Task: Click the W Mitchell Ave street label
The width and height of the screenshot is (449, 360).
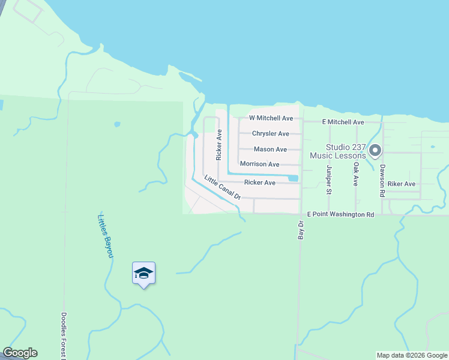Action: coord(271,118)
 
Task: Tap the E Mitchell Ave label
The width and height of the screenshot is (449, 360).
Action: coord(343,122)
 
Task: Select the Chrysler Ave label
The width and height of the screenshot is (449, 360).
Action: coord(271,134)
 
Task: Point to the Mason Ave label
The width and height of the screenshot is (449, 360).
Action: coord(270,149)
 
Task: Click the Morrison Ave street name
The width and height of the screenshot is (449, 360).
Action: coord(259,164)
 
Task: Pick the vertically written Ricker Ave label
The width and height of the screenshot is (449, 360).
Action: coord(219,145)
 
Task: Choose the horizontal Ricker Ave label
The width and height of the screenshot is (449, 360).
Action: coord(259,182)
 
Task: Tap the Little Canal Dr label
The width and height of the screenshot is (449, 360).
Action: coord(222,187)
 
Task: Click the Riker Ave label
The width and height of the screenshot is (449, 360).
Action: coord(402,184)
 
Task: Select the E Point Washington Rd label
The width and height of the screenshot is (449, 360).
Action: coord(340,214)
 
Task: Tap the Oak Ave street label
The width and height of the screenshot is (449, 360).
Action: coord(355,173)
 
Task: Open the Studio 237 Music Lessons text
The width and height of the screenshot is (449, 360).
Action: coord(337,151)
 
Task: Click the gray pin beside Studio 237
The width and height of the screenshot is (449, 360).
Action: coord(375,151)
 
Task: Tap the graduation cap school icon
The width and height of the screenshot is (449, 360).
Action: coord(143,274)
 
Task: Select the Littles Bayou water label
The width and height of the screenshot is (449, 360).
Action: coord(105,236)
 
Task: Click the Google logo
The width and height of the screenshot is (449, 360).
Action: coord(20,353)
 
